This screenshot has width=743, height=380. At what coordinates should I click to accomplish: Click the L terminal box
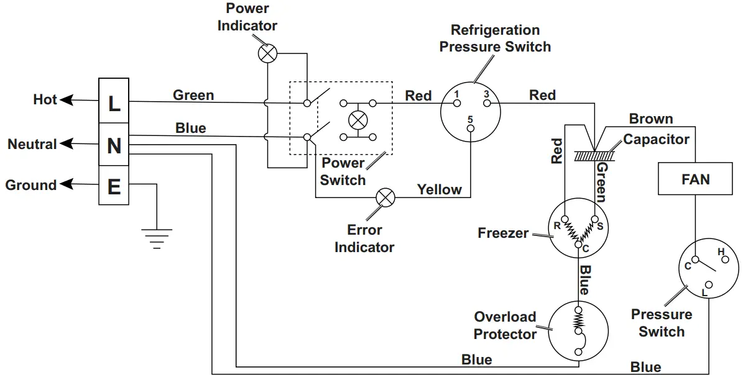114,103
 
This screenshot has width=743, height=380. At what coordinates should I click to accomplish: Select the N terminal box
114,145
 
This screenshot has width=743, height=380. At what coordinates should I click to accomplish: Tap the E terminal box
114,186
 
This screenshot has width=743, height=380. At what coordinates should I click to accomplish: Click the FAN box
695,180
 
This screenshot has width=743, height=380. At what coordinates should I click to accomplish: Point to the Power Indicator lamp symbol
267,53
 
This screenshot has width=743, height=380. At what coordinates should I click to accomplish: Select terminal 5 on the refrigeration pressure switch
470,128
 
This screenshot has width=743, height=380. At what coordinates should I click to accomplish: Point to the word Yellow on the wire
439,189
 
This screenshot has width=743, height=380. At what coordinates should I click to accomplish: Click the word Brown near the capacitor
650,119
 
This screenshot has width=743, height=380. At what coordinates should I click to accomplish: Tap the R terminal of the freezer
564,219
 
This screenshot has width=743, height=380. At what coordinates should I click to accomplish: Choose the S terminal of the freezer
595,219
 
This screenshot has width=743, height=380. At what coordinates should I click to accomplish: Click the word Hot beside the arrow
45,99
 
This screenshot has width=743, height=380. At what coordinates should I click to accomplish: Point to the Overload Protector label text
505,325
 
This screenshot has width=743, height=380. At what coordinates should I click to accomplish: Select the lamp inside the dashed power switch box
357,119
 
